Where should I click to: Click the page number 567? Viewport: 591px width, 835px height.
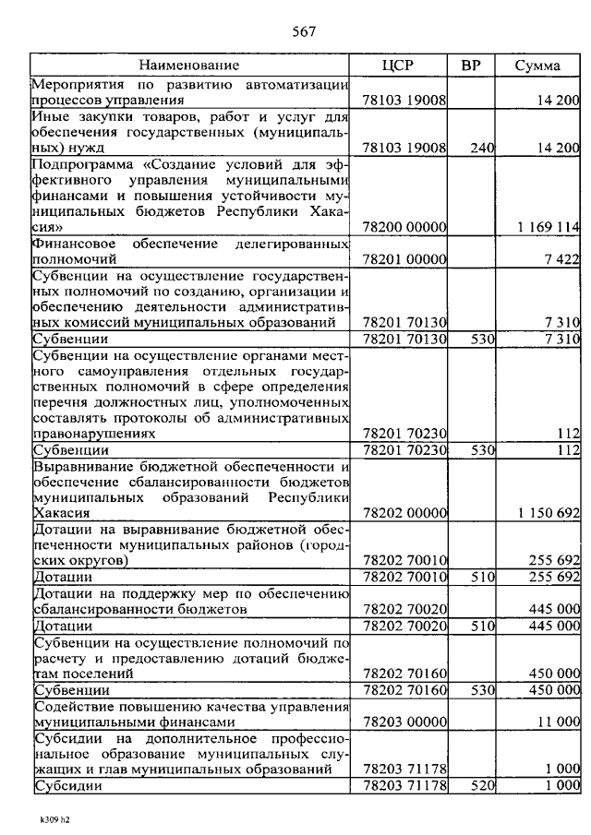pyautogui.click(x=305, y=31)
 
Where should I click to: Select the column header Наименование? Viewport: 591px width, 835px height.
pyautogui.click(x=189, y=66)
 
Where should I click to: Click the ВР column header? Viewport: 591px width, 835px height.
pyautogui.click(x=471, y=66)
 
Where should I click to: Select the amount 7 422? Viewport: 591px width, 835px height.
pyautogui.click(x=561, y=260)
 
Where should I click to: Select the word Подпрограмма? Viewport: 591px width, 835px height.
pyautogui.click(x=79, y=164)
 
